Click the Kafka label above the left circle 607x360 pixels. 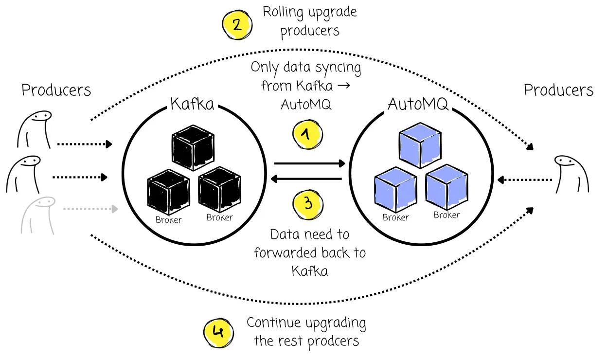coord(192,104)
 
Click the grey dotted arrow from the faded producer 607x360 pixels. coord(90,209)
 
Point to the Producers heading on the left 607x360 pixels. coord(56,90)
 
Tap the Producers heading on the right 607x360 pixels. coord(558,90)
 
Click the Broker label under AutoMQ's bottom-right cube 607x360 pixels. coord(446,215)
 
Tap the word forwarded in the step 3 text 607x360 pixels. coord(289,253)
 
